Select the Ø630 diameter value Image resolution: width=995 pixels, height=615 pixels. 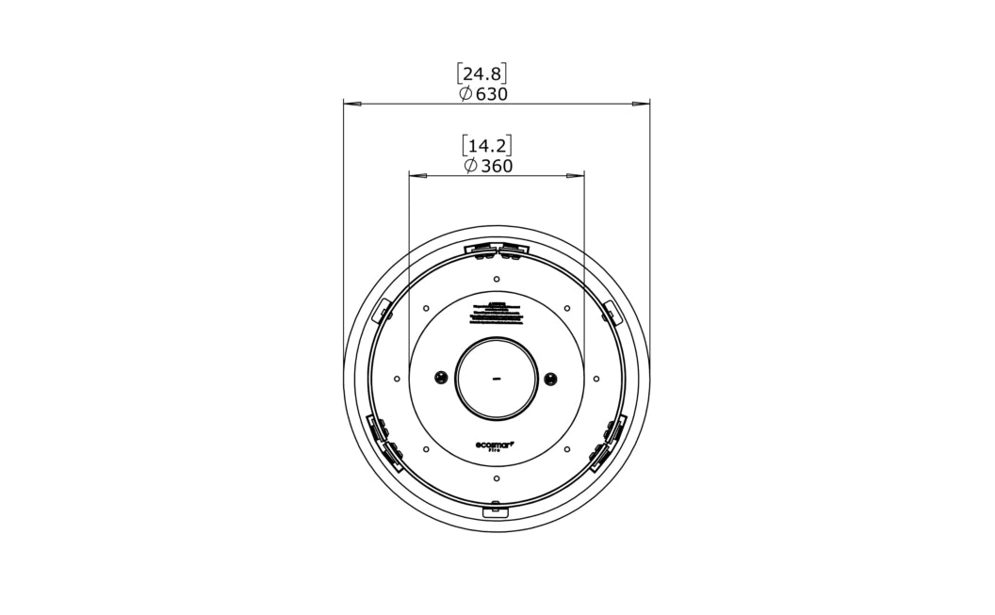click(483, 94)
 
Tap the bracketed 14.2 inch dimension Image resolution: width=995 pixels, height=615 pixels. click(487, 145)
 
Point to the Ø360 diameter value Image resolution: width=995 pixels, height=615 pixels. click(488, 167)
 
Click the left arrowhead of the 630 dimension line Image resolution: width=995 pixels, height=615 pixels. click(351, 104)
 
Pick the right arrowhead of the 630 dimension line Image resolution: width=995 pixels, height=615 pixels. click(642, 104)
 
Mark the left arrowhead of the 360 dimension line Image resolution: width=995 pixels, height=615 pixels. click(416, 175)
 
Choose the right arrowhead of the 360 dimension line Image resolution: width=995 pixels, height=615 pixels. click(576, 175)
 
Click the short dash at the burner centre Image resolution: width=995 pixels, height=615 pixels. click(497, 380)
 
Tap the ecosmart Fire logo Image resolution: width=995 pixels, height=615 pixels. click(497, 448)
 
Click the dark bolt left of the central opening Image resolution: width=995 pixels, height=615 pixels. click(440, 379)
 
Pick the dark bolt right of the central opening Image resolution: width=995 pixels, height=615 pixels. click(551, 379)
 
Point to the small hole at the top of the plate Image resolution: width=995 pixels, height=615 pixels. click(497, 278)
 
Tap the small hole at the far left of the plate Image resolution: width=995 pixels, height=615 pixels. click(397, 379)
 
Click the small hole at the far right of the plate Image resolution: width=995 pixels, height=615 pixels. click(596, 379)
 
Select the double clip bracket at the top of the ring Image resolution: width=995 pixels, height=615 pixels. click(497, 250)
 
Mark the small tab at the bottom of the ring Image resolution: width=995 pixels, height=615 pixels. click(496, 510)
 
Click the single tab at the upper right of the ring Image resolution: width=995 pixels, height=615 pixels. click(611, 309)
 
